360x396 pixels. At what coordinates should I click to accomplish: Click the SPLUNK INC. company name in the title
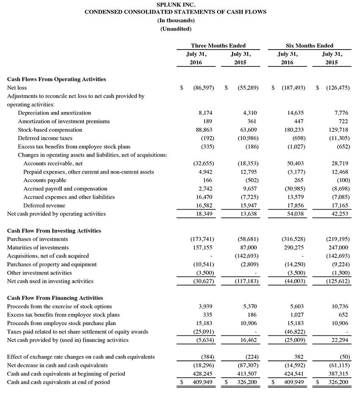[x=176, y=4]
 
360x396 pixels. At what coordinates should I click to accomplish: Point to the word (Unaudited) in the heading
[x=176, y=29]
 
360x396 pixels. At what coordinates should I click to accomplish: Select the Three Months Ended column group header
[x=218, y=46]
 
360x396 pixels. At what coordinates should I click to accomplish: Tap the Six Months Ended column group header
[x=310, y=46]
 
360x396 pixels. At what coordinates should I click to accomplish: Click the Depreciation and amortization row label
[x=54, y=113]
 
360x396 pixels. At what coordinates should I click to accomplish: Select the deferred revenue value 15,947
[x=248, y=205]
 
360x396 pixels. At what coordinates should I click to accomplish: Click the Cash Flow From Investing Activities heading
[x=54, y=231]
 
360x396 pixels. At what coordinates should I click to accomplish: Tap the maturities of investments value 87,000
[x=248, y=248]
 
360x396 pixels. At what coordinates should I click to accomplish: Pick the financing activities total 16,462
[x=248, y=340]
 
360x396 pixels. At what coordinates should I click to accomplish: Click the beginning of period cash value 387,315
[x=338, y=374]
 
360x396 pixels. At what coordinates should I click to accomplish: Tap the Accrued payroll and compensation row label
[x=65, y=189]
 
